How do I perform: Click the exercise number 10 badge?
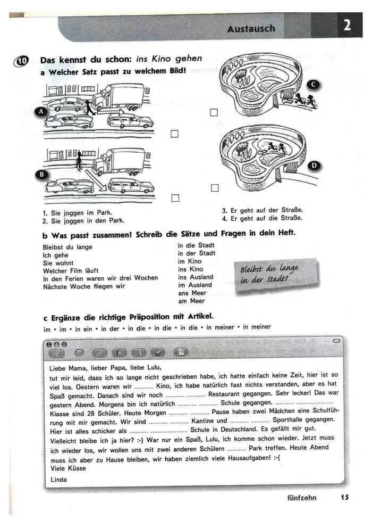(22, 60)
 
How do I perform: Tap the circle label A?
(40, 112)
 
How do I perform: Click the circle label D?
(314, 166)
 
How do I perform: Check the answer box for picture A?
(175, 134)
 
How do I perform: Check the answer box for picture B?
(175, 198)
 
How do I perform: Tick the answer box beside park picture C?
(214, 112)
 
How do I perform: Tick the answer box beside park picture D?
(214, 187)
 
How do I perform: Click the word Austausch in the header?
(251, 28)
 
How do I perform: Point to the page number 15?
(345, 498)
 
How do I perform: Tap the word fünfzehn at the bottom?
(301, 498)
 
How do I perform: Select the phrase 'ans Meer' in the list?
(192, 293)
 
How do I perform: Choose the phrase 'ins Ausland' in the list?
(196, 277)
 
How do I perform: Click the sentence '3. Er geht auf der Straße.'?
(263, 210)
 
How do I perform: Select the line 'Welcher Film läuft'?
(71, 270)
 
